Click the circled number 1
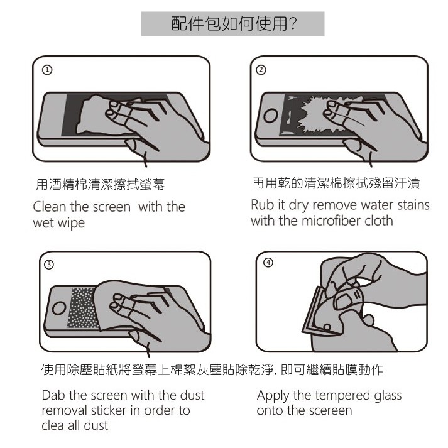47,70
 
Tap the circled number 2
261,70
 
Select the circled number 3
49,265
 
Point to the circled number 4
268,263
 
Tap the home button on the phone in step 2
271,116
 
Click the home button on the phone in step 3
59,309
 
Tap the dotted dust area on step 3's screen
82,308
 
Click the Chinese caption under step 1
101,184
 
